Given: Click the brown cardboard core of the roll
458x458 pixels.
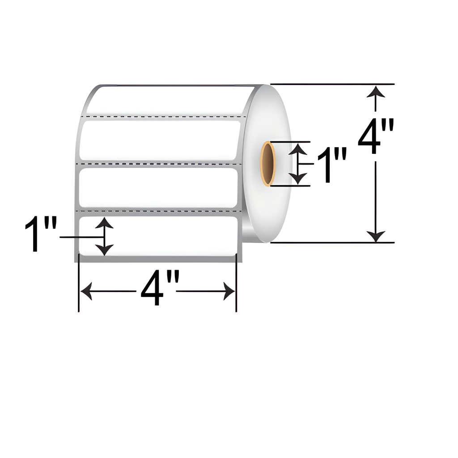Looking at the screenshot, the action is point(267,164).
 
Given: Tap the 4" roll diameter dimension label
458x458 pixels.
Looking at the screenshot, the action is point(376,136).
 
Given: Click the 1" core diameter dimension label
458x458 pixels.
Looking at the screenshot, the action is point(332,165).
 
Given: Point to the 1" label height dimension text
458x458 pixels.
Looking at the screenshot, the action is point(40,233).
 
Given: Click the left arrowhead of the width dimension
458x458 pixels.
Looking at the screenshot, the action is point(86,291).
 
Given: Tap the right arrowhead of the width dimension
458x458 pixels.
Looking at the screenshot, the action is point(229,291).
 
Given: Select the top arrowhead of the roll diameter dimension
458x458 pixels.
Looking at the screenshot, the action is point(376,91).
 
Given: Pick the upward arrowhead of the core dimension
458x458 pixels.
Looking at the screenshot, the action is point(297,148).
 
